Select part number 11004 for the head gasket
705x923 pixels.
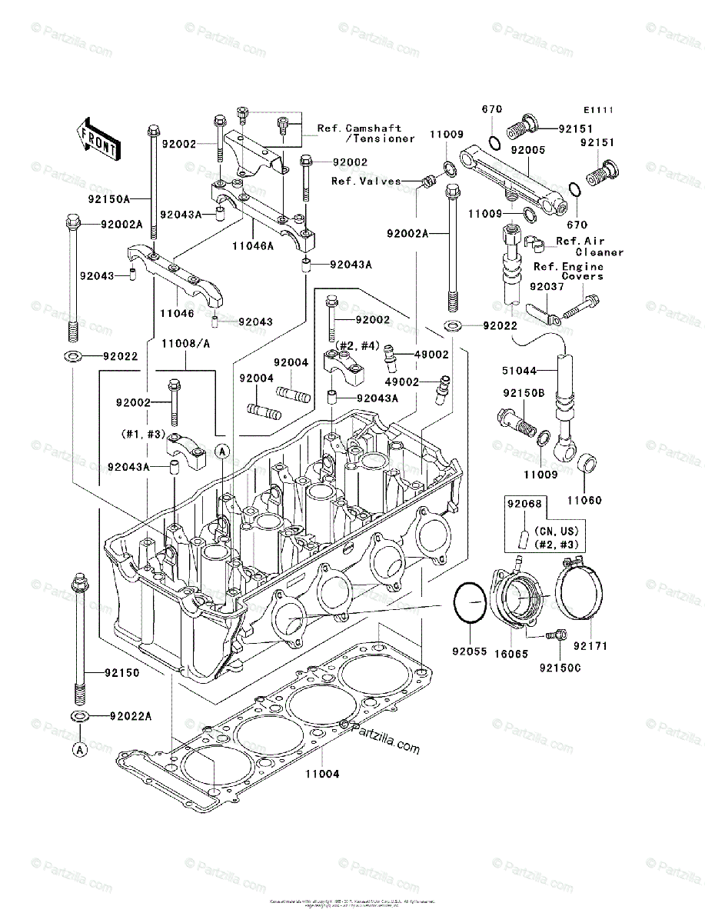coord(321,774)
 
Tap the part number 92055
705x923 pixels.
coord(469,651)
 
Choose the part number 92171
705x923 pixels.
coord(590,646)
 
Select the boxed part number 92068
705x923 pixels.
coord(524,505)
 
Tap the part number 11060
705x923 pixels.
coord(585,501)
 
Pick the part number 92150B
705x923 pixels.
coord(524,393)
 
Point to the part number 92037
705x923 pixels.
coord(547,286)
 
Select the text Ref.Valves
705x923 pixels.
coord(366,182)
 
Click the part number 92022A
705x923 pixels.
coord(130,716)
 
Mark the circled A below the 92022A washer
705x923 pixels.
coord(80,748)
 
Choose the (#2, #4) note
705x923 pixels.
coord(354,347)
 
